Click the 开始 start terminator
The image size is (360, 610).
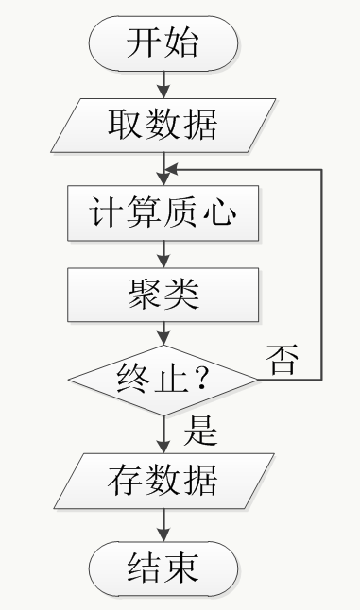(163, 42)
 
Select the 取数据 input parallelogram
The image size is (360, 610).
(163, 126)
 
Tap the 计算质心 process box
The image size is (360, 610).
(163, 212)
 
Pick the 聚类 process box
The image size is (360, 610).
(163, 295)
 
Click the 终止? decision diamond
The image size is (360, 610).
(163, 381)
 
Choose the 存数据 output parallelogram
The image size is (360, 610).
(163, 481)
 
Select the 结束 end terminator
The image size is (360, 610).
(163, 568)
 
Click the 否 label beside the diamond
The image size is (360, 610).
(283, 360)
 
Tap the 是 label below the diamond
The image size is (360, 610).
(200, 431)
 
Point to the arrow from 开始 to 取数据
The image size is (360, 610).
(163, 84)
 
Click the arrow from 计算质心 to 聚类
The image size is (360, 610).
(163, 254)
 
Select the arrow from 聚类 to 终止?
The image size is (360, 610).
(163, 333)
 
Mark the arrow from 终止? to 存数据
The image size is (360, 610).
(163, 434)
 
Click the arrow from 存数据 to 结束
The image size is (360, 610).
(163, 525)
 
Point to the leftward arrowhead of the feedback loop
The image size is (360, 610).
(170, 170)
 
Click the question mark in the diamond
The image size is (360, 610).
(201, 378)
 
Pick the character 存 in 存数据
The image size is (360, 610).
(125, 481)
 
